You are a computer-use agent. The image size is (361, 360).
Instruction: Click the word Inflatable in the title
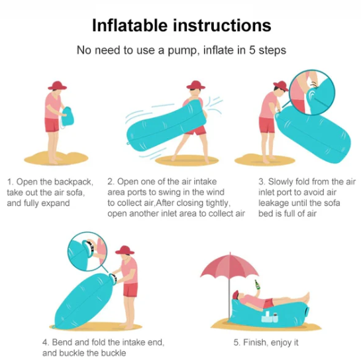tap(130, 25)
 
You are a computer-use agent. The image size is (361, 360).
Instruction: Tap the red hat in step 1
tap(58, 86)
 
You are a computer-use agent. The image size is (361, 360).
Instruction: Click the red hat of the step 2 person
tap(195, 85)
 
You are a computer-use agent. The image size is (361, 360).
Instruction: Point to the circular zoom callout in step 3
tap(312, 92)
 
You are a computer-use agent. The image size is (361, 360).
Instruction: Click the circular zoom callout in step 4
tap(87, 251)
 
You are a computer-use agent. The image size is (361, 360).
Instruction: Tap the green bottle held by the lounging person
tap(257, 285)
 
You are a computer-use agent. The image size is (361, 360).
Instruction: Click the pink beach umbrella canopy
tap(230, 265)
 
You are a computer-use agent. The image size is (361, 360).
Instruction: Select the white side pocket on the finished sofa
tap(270, 318)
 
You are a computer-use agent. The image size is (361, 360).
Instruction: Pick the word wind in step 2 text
tap(215, 192)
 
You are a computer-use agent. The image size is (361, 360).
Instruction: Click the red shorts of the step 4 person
tap(130, 290)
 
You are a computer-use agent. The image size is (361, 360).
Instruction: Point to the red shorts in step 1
tap(52, 125)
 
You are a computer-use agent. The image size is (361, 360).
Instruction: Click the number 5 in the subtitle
tap(252, 50)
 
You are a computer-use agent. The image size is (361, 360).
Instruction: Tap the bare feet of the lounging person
tap(305, 297)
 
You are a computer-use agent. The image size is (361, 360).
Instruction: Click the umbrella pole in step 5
tap(229, 297)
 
